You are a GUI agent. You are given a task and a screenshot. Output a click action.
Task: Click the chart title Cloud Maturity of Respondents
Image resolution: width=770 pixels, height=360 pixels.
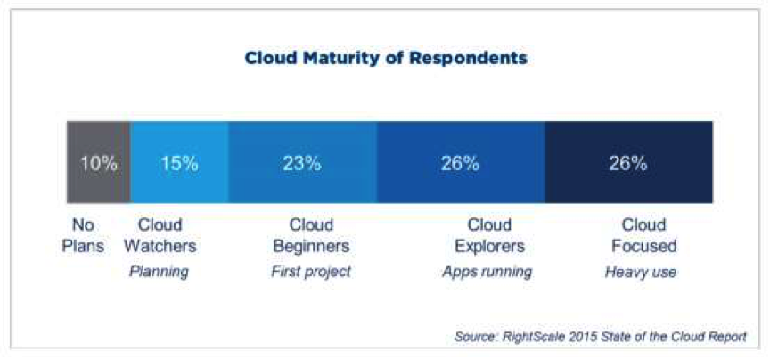coord(386,60)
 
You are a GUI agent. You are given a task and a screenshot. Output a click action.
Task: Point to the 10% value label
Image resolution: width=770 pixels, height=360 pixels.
coord(99,164)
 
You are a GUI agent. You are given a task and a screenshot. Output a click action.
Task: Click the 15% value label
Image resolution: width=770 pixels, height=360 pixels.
coord(179,164)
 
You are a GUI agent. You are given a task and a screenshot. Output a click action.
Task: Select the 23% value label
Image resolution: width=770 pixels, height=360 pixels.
coord(302,164)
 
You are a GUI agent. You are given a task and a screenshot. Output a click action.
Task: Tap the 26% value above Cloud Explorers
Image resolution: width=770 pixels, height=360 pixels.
coord(460,164)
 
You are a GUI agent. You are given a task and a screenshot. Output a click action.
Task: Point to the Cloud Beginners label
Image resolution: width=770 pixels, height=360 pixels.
coord(311,235)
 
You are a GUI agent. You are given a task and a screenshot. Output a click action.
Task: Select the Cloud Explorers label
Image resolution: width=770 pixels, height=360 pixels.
coord(488,235)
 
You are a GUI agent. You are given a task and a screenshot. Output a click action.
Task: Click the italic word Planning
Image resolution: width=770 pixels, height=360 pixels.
coord(160,272)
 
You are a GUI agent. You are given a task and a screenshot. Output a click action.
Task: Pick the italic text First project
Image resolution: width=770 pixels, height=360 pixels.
coord(311,272)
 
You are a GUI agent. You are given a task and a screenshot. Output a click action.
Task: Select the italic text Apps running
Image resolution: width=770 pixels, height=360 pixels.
coord(487,272)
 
